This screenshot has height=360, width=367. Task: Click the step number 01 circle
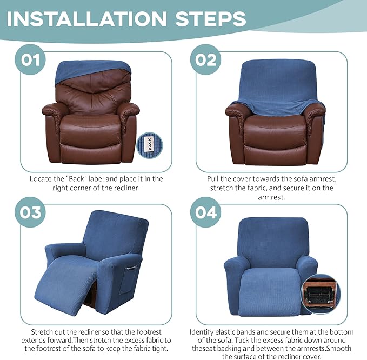tap(31, 59)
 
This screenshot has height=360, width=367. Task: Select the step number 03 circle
tap(31, 212)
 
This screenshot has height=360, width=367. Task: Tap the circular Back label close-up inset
tap(149, 144)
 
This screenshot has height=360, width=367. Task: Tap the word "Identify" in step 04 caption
tap(203, 331)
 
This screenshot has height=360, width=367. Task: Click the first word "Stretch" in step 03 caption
tap(43, 331)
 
